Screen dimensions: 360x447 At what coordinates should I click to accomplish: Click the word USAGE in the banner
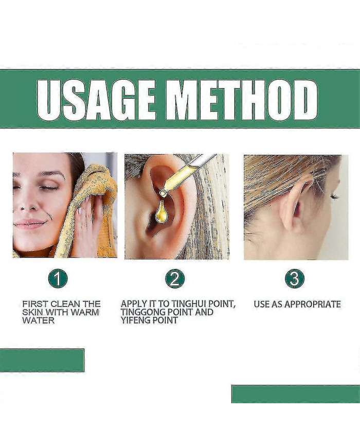pyautogui.click(x=97, y=100)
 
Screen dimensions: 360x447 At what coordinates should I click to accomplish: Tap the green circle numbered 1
pyautogui.click(x=58, y=278)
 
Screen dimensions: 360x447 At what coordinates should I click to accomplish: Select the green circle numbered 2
pyautogui.click(x=175, y=278)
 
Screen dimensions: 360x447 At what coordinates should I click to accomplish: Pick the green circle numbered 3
pyautogui.click(x=295, y=278)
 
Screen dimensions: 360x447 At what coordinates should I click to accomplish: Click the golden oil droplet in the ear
pyautogui.click(x=161, y=211)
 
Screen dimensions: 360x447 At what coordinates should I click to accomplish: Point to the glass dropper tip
pyautogui.click(x=164, y=193)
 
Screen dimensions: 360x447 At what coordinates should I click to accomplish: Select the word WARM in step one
pyautogui.click(x=85, y=312)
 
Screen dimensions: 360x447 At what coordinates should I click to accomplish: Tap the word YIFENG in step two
pyautogui.click(x=135, y=320)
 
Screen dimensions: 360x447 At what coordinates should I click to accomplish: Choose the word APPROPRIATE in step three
pyautogui.click(x=312, y=304)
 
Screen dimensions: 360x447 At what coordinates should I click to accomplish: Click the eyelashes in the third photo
pyautogui.click(x=333, y=196)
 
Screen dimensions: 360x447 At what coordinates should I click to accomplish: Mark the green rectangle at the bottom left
pyautogui.click(x=42, y=361)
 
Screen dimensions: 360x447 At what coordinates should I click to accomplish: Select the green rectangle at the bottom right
pyautogui.click(x=296, y=394)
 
